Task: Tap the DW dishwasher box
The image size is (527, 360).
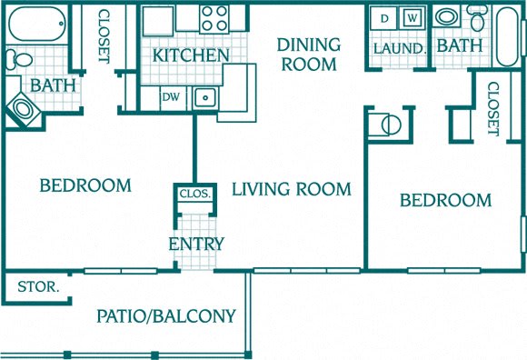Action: [170, 95]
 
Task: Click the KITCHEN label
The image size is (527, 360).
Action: [191, 55]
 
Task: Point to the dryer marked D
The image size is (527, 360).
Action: [383, 18]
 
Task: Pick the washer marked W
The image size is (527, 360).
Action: [412, 18]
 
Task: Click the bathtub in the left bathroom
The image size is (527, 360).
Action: [36, 22]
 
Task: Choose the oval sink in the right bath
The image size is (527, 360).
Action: [446, 17]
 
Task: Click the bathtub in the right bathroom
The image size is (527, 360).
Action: [508, 36]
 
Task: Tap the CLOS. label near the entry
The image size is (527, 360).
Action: [195, 194]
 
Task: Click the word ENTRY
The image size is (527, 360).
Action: [195, 244]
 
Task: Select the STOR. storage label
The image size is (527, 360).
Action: [38, 287]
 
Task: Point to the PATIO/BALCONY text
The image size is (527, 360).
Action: [166, 316]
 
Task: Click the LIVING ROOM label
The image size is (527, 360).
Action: [291, 189]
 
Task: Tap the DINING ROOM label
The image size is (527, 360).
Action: [308, 55]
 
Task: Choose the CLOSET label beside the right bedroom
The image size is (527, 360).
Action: [492, 108]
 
